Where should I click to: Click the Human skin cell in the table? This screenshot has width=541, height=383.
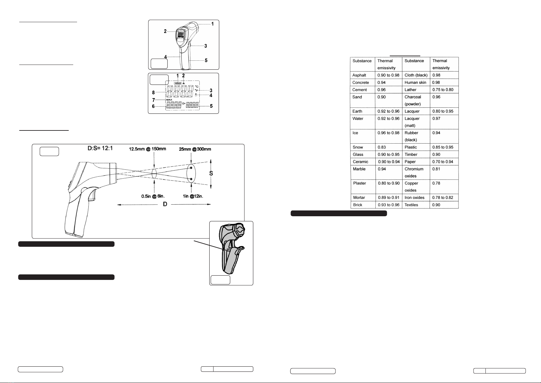tap(415, 82)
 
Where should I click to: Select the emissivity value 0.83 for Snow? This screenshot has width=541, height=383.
tap(382, 147)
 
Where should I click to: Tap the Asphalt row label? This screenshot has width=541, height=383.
tap(359, 75)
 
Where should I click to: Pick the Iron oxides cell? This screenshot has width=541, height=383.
tap(414, 197)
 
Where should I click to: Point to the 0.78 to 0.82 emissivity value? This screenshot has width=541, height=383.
tap(443, 197)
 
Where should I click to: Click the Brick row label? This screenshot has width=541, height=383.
tap(357, 205)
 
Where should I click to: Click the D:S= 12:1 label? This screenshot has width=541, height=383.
tap(100, 148)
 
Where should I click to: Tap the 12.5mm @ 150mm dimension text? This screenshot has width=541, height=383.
tap(148, 149)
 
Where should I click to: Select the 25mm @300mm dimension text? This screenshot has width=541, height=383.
tap(195, 149)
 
